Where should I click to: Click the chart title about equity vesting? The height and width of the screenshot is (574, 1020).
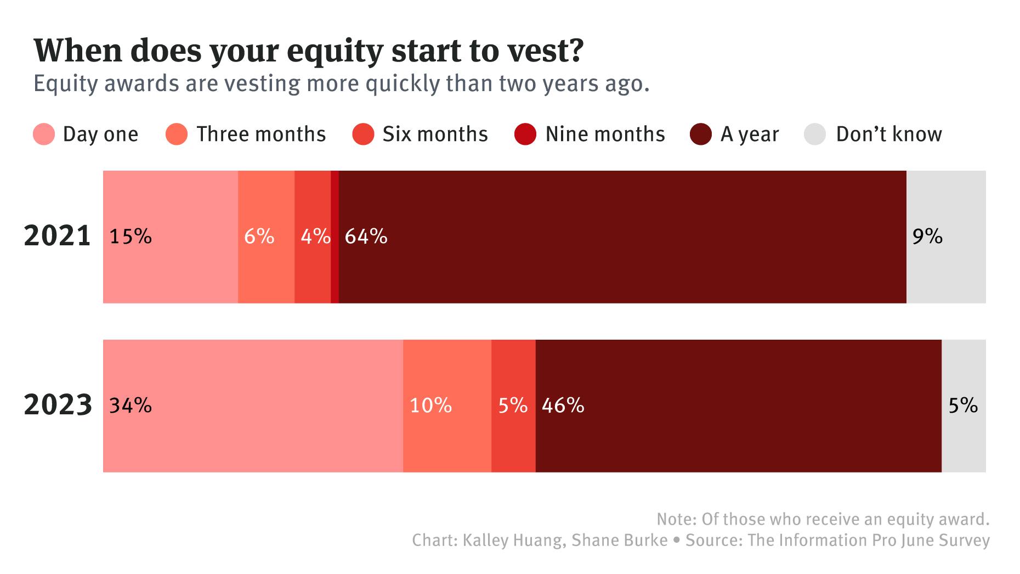(x=309, y=50)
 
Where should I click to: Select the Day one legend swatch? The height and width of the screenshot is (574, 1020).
(x=44, y=134)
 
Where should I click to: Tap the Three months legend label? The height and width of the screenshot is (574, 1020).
(x=261, y=134)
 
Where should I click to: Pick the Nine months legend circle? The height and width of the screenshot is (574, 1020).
(x=525, y=134)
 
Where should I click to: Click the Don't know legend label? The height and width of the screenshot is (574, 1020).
(x=889, y=134)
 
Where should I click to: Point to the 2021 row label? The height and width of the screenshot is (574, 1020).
(x=58, y=237)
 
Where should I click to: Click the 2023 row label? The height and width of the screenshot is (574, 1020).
(x=58, y=406)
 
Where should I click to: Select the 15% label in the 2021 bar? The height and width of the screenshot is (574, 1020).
(x=131, y=237)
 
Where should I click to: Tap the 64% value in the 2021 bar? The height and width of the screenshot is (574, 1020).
(x=366, y=237)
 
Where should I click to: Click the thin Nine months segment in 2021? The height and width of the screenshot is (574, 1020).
(x=335, y=237)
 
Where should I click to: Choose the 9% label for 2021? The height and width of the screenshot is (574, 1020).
(x=927, y=237)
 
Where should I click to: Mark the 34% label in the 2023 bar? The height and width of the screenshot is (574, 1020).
(x=131, y=406)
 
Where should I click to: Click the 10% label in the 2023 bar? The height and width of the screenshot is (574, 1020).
(x=431, y=406)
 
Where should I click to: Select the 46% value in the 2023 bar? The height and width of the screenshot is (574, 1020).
(x=563, y=406)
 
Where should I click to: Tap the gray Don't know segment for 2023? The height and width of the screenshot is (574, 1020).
(x=964, y=406)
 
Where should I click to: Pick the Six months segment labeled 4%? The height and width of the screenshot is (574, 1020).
(x=313, y=237)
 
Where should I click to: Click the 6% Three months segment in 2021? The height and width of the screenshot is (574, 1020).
(x=266, y=237)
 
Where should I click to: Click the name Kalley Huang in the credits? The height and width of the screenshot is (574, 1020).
(x=513, y=541)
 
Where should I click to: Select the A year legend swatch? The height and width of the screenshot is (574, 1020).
(x=701, y=134)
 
